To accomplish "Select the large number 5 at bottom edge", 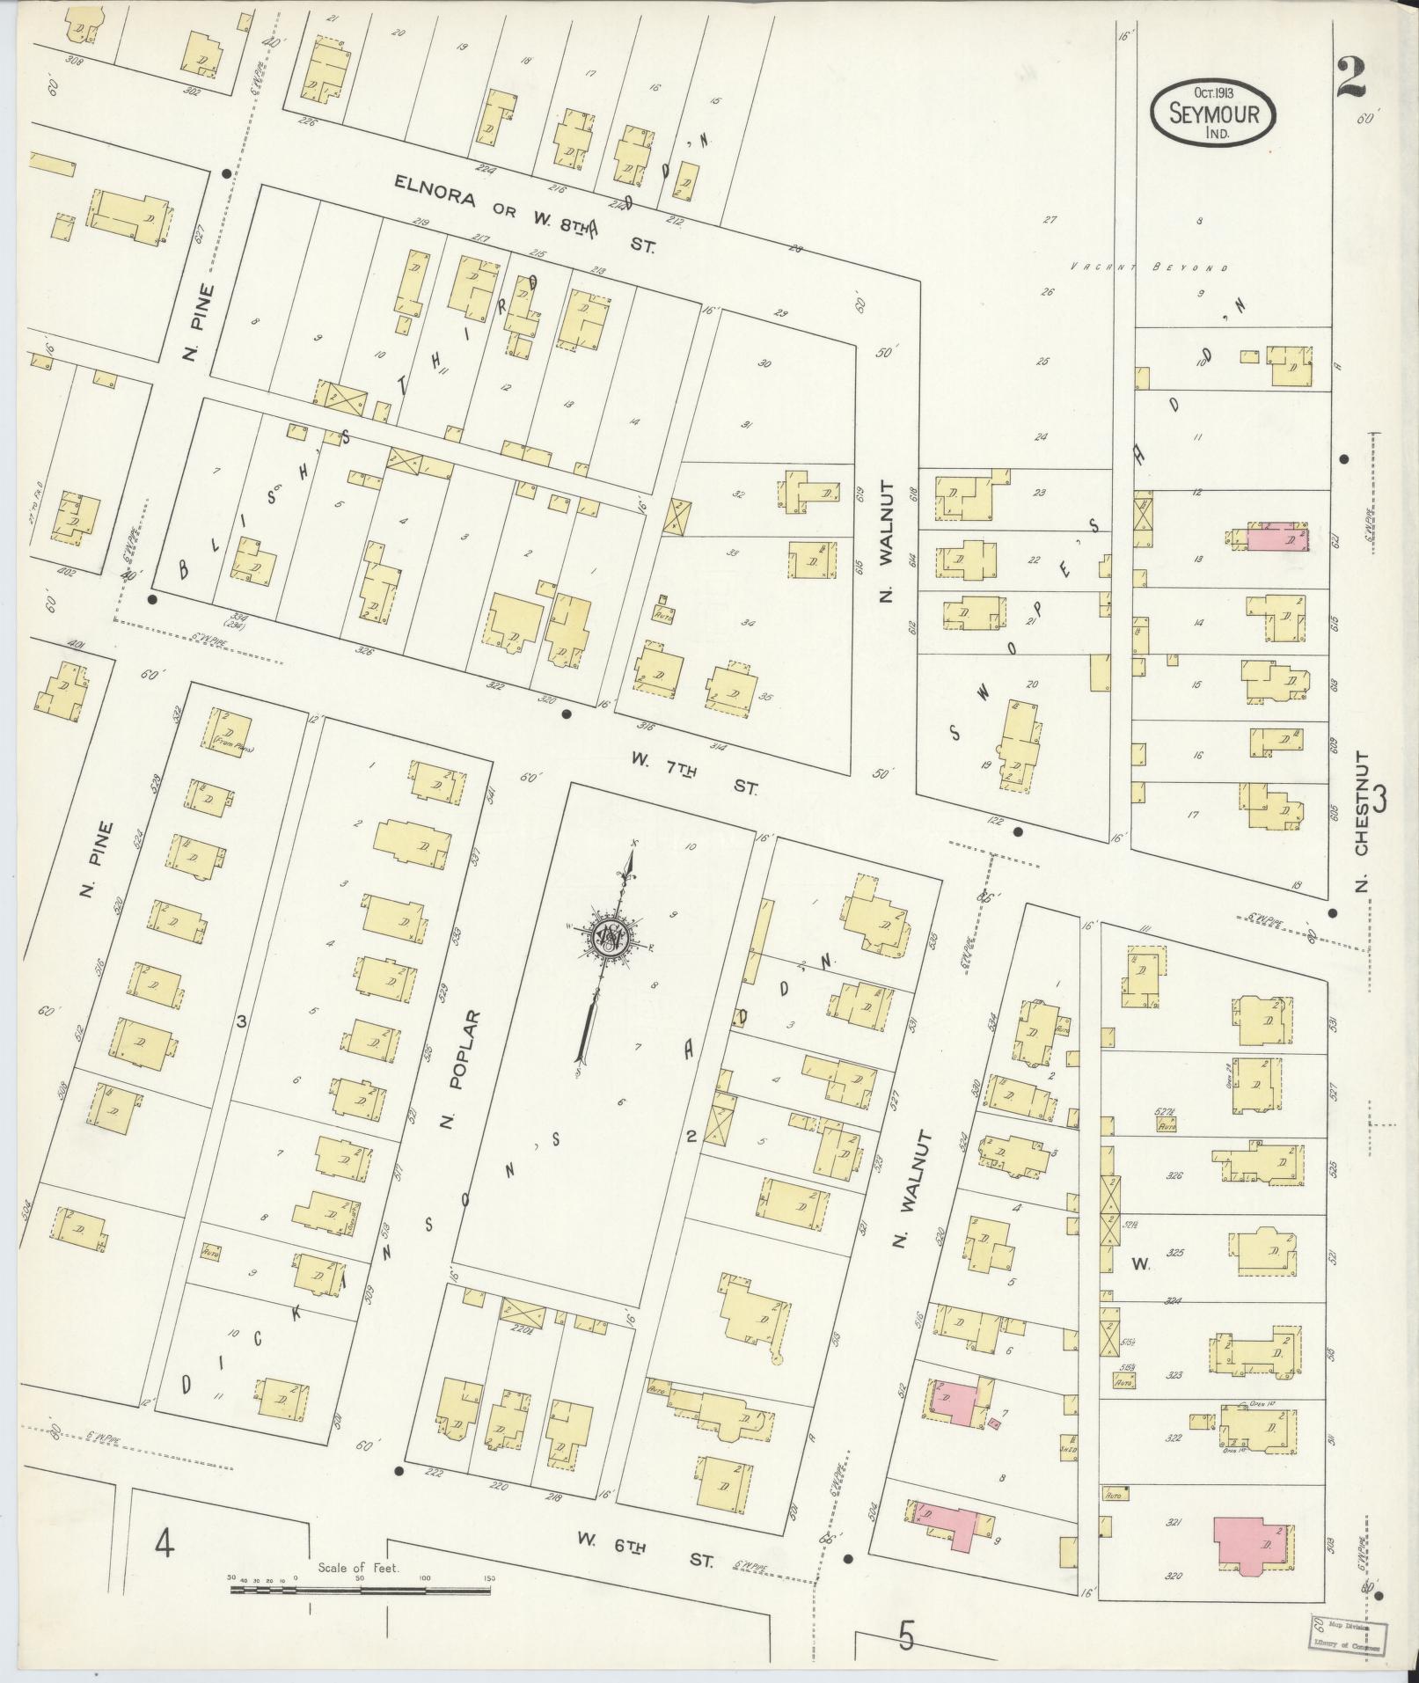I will (907, 1635).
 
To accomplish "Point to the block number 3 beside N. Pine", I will (239, 1021).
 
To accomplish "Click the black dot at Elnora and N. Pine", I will (227, 174).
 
